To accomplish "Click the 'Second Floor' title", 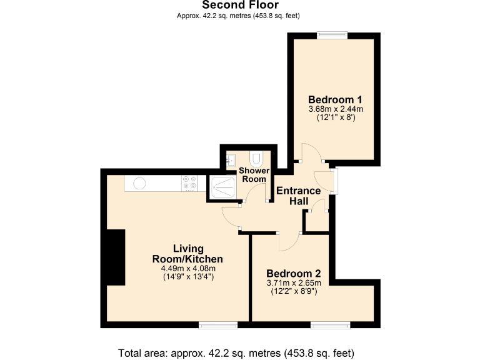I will click(240, 6).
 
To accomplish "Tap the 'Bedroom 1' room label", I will click(336, 99).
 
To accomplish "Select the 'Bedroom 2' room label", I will click(294, 273).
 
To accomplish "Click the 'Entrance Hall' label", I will click(299, 196).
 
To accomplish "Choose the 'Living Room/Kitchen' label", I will click(188, 254).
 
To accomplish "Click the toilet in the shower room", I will click(257, 157).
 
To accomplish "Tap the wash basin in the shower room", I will click(231, 159).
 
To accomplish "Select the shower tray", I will click(223, 184).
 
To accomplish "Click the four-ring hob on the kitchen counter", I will click(189, 183).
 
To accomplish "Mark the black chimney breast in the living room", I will click(115, 257).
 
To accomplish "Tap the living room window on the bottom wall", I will click(218, 324).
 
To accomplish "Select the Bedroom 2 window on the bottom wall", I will click(331, 324).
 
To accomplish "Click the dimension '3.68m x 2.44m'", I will click(336, 109).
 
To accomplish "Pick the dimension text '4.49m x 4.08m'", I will click(188, 269).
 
